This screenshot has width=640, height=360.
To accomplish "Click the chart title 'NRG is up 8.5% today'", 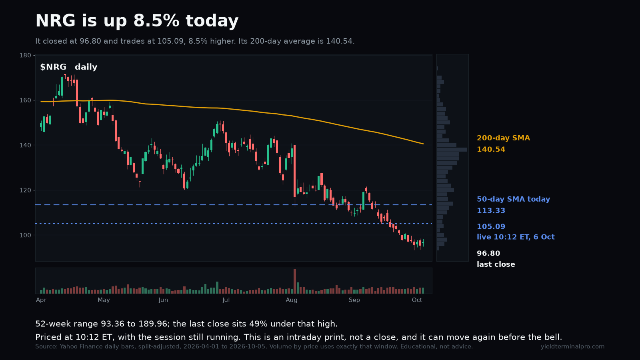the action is click(x=137, y=20).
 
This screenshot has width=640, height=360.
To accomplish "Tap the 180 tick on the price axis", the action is click(x=25, y=55).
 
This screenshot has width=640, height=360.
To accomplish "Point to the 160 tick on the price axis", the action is click(x=25, y=100).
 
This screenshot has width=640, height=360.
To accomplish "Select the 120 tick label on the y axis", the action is click(x=25, y=190).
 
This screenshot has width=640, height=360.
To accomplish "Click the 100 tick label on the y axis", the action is click(x=25, y=235).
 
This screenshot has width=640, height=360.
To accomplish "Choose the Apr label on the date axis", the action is click(x=41, y=300).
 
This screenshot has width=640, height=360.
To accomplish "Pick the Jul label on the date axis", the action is click(x=226, y=300).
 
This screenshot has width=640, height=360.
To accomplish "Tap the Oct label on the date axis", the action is click(x=417, y=300).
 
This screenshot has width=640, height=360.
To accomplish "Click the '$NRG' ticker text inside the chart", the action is click(x=53, y=67).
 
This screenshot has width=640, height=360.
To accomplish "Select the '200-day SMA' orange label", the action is click(x=504, y=138).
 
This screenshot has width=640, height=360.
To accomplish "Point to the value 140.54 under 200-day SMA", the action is click(x=491, y=150).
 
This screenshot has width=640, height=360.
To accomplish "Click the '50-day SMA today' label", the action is click(x=514, y=199).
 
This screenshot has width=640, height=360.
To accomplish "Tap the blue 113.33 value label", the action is click(x=491, y=210).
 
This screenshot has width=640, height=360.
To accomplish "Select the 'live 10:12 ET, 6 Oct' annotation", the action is click(x=516, y=237).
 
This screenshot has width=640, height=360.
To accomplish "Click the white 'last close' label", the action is click(x=496, y=264).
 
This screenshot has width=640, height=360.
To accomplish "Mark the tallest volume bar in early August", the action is click(x=294, y=281).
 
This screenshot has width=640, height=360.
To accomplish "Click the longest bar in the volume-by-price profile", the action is click(x=452, y=150).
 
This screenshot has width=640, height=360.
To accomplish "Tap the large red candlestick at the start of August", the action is click(x=294, y=171).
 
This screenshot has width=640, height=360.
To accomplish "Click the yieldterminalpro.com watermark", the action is click(x=572, y=346).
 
